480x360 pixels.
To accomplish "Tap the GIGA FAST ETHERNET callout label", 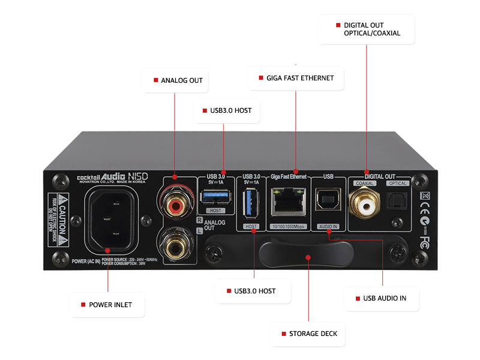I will click(295, 78).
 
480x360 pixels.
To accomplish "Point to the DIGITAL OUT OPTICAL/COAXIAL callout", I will click(367, 29).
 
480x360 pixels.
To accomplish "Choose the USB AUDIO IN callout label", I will click(382, 298).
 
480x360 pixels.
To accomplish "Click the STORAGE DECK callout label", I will click(308, 334).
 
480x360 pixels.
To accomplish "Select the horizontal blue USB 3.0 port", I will click(215, 196).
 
